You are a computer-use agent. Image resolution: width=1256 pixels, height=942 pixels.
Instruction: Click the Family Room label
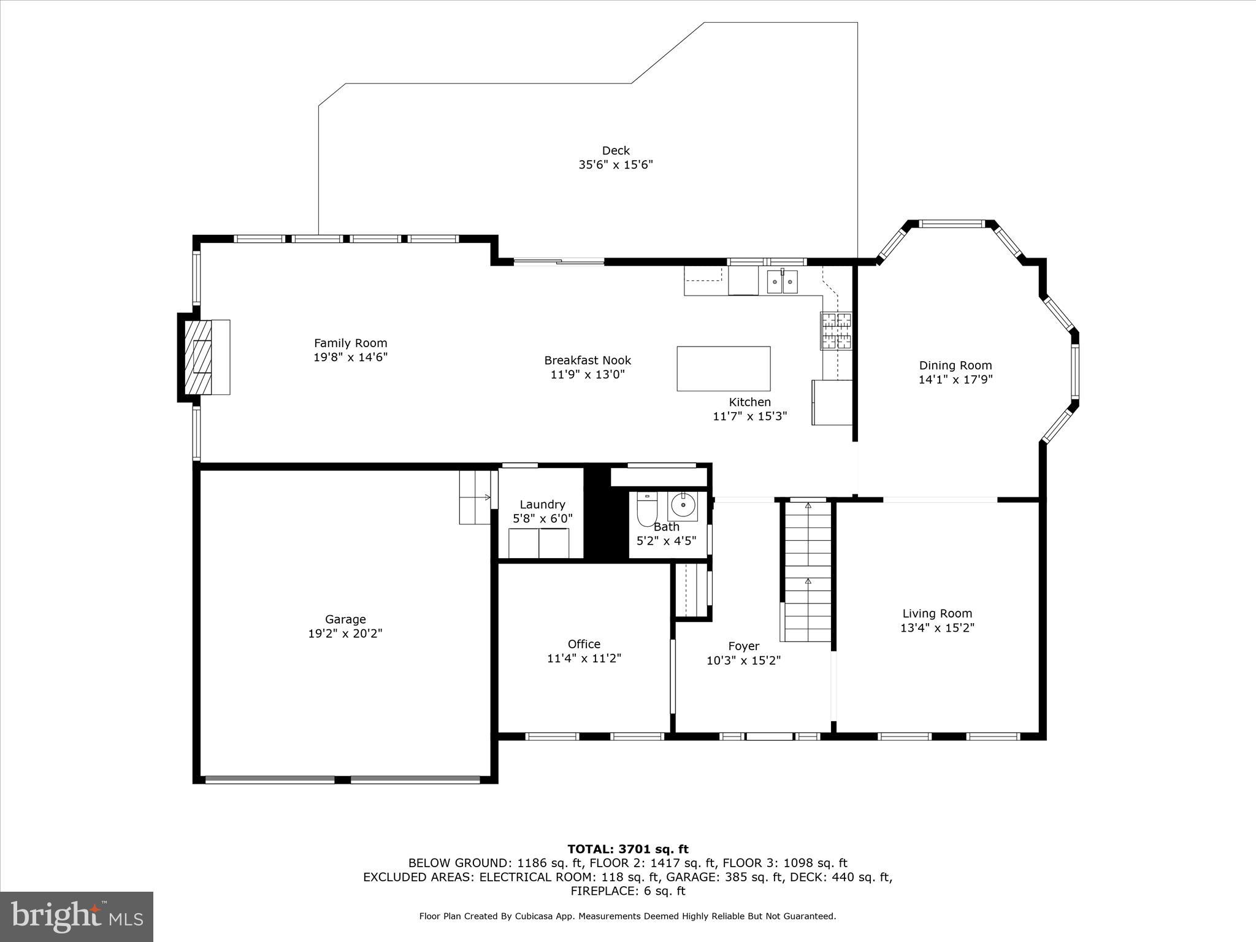pos(350,343)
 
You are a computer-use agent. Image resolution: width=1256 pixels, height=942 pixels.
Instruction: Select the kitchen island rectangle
pos(723,369)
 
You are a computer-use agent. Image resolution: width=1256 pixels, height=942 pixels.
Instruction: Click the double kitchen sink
pos(782,282)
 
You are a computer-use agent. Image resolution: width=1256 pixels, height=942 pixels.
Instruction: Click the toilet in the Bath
pos(646,508)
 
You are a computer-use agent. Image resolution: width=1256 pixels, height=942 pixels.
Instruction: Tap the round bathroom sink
pos(682,506)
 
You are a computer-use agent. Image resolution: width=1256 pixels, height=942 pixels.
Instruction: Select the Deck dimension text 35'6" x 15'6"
pos(615,165)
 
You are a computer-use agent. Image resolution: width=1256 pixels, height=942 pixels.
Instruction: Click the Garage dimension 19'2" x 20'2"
pos(345,634)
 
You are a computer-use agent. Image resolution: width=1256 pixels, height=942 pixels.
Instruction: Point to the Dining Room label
pos(955,366)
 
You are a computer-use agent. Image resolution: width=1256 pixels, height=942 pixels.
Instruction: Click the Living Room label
pos(936,613)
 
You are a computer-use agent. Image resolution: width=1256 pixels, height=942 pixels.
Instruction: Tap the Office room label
pos(583,644)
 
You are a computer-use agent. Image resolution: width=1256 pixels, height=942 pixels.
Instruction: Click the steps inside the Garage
pos(475,497)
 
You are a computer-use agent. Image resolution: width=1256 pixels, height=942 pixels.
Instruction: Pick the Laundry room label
pos(542,505)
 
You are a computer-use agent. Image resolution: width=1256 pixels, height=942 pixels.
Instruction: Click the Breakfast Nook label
pos(587,361)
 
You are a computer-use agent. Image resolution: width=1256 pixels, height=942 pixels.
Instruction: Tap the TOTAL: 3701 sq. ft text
pos(627,849)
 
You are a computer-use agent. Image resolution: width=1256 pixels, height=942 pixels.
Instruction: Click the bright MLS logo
pos(77,916)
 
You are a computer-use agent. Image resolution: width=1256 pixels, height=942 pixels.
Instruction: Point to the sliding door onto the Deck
pos(559,262)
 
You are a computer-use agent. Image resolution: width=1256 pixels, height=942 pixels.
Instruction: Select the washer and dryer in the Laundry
pos(538,543)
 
